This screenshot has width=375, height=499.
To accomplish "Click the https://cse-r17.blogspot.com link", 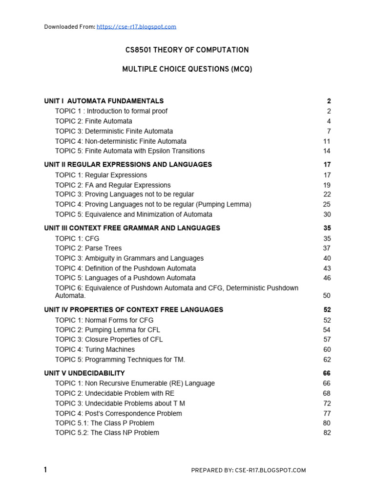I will pos(136,27).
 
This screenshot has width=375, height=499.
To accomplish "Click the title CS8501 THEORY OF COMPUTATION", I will pos(187,50).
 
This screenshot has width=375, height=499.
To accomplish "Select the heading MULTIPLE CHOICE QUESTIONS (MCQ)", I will pos(187,70).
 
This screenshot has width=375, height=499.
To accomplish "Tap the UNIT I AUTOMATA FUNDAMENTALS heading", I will pos(104,101).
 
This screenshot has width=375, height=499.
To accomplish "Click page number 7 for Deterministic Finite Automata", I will pos(329,131).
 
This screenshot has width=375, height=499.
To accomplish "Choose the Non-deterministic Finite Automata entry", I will pos(121,141).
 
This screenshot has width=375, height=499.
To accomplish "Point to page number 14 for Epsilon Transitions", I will pos(327,151).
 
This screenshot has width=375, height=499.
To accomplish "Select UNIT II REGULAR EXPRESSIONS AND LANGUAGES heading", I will pos(128,165).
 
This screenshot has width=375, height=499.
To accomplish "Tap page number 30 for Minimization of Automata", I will pos(327,214).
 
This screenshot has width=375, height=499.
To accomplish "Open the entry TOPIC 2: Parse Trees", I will pos(88,248).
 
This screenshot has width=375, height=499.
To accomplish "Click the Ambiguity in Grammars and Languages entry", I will pos(144,258).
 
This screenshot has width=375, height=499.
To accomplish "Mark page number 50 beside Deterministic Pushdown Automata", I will pos(327,295).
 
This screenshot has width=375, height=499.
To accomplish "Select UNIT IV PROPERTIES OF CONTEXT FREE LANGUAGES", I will pos(133,310).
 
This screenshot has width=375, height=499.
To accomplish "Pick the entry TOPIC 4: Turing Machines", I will pos(95,349).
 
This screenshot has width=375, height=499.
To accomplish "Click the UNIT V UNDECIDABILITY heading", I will pos(84,373).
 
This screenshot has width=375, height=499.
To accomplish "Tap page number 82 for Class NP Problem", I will pos(327,433).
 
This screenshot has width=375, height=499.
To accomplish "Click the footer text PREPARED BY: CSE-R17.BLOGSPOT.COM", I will pos(248,470).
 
